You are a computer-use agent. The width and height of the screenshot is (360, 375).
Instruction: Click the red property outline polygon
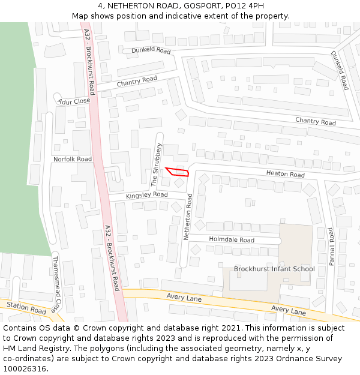(x=178, y=172)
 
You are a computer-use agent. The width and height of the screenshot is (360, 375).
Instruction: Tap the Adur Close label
(x=74, y=101)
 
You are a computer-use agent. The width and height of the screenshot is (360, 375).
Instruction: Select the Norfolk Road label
(x=72, y=159)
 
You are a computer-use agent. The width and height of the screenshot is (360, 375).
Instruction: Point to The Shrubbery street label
(x=156, y=164)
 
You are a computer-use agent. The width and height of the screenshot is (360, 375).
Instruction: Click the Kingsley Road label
(x=146, y=195)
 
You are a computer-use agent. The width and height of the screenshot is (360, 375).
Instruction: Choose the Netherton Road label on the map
(x=188, y=217)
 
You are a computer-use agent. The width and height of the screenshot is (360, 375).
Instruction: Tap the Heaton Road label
(x=286, y=174)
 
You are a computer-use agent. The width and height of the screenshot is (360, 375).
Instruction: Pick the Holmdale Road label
(x=231, y=239)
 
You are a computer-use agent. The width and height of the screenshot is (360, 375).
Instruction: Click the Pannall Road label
(x=330, y=246)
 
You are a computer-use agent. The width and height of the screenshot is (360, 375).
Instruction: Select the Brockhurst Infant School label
(x=274, y=269)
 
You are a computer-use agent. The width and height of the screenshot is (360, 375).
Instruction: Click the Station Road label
(x=26, y=308)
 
